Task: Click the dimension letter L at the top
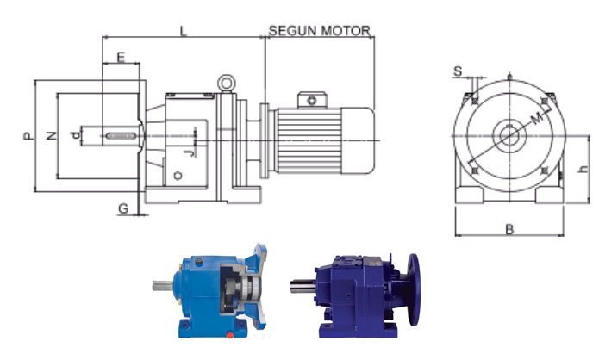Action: pyautogui.click(x=184, y=31)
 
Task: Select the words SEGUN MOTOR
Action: pyautogui.click(x=320, y=31)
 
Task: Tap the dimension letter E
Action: pyautogui.click(x=121, y=57)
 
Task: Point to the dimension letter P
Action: pyautogui.click(x=28, y=136)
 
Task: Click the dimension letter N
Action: pyautogui.click(x=52, y=135)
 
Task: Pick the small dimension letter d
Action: pyautogui.click(x=76, y=134)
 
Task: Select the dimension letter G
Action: pyautogui.click(x=123, y=208)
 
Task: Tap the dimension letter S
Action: pyautogui.click(x=458, y=71)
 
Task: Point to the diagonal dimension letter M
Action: pyautogui.click(x=537, y=119)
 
